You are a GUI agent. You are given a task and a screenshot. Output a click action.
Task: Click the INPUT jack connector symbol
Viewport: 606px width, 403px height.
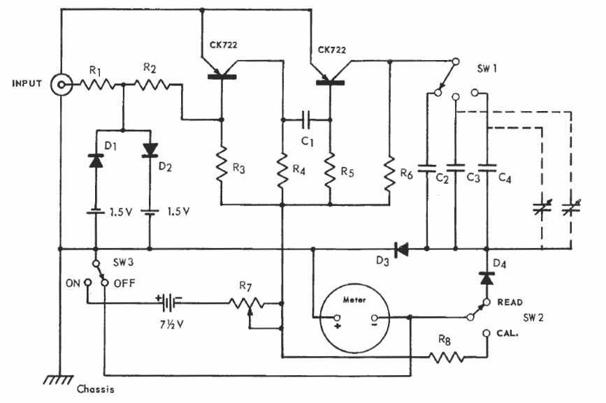62,85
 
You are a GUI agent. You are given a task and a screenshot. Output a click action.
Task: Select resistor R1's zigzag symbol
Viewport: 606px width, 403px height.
96,84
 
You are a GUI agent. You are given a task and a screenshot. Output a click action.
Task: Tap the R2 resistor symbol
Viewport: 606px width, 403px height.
152,84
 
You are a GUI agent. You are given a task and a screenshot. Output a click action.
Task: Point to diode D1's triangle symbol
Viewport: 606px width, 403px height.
96,161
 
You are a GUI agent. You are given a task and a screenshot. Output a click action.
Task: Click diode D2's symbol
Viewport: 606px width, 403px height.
150,150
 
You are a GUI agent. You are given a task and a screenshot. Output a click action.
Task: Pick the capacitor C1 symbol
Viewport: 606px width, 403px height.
306,119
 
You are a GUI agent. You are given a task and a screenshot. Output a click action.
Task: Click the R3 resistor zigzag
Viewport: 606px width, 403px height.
222,164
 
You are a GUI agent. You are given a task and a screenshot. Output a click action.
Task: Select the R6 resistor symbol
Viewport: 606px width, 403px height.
389,173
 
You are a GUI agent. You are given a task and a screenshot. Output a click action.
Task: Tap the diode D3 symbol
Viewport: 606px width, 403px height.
401,249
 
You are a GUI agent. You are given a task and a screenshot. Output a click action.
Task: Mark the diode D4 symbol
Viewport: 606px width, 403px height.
487,278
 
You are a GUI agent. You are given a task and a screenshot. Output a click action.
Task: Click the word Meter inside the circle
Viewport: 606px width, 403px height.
354,300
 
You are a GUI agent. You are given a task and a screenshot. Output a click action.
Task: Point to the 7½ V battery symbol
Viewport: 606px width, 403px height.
168,302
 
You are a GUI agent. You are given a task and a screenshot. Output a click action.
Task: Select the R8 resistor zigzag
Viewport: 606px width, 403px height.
447,358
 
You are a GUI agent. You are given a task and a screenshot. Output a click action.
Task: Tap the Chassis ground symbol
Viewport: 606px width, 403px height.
59,379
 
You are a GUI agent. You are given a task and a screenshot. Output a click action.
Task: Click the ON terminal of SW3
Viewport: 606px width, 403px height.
88,283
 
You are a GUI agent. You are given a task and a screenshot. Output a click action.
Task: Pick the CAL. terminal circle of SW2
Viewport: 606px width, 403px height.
487,333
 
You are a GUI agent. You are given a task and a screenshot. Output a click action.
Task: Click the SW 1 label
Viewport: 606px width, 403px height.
487,69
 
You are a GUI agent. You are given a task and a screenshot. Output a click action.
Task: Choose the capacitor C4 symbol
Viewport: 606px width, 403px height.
487,168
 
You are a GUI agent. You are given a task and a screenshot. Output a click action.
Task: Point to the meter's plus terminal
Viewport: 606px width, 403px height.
338,318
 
